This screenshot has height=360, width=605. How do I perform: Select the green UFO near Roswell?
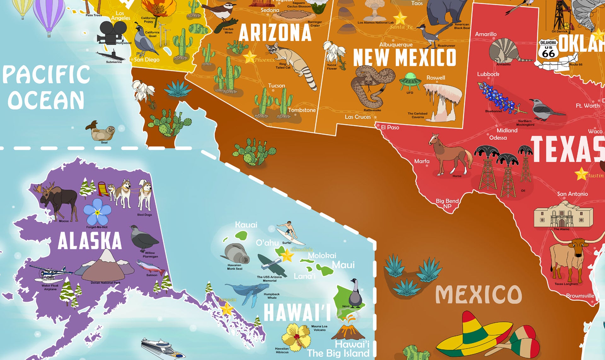(410, 81)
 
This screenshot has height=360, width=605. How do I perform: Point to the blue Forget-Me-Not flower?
(97, 212)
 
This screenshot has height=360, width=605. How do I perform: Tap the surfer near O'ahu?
(289, 231)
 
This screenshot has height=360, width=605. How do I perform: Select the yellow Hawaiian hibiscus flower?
(296, 337)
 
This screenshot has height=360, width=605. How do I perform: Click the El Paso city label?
(390, 128)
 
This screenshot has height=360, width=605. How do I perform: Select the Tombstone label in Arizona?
(302, 110)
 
